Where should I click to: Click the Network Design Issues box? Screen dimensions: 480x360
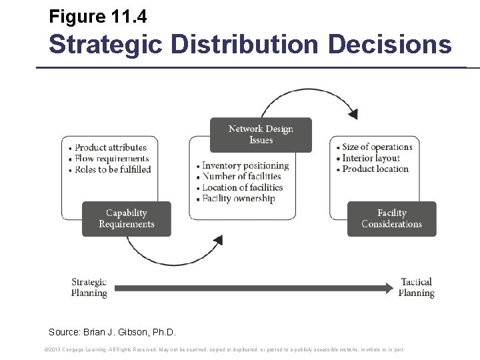[x=261, y=135]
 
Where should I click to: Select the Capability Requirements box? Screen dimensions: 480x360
[x=126, y=219]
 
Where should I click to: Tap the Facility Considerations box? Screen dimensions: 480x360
[x=391, y=219]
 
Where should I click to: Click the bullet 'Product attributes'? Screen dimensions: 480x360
[x=111, y=147]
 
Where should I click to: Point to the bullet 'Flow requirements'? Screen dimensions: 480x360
[x=111, y=159]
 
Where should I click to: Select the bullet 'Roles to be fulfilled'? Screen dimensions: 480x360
[x=113, y=169]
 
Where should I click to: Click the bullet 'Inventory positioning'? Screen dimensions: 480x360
[x=245, y=165]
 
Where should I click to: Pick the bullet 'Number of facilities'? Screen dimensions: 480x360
[x=241, y=176]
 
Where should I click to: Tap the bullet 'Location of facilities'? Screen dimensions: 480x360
[x=243, y=187]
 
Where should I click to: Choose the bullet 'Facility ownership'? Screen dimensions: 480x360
[x=238, y=199]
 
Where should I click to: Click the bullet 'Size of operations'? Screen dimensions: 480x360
[x=377, y=147]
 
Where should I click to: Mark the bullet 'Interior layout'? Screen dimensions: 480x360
[x=371, y=158]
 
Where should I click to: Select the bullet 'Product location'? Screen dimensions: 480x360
[x=375, y=169]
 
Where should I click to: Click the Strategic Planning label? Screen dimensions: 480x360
[x=89, y=287]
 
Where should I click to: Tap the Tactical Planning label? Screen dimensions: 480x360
[x=417, y=287]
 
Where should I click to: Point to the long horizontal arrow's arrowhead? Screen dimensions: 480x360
[x=390, y=288]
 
